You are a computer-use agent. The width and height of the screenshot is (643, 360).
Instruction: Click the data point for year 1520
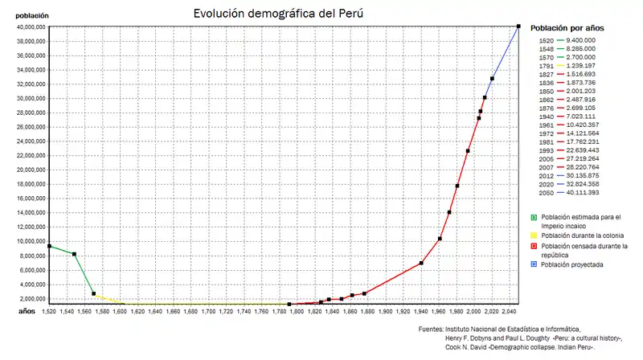pos(49,246)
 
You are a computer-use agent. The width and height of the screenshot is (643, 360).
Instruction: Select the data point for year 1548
pos(74,254)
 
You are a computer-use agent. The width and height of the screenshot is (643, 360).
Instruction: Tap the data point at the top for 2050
pos(518,27)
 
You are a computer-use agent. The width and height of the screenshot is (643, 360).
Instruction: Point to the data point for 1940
pos(421,263)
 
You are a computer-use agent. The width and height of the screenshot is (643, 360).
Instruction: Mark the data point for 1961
pos(440,239)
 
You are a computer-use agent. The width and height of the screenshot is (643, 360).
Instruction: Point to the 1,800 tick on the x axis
pos(297,310)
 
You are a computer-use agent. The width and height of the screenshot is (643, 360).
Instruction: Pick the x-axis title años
pos(27,309)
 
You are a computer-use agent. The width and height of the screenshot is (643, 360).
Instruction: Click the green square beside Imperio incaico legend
pos(534,218)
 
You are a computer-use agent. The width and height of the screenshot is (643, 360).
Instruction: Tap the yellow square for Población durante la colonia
pos(534,235)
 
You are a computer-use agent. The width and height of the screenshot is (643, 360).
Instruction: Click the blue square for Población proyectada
pos(534,264)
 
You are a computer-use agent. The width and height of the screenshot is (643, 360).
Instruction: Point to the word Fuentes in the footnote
pos(431,329)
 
